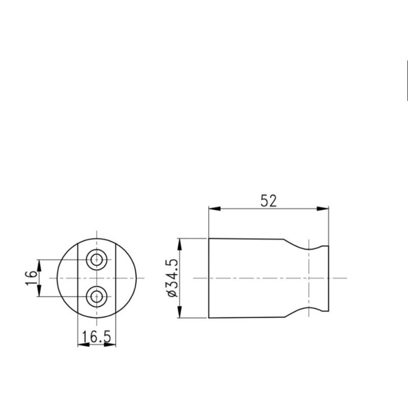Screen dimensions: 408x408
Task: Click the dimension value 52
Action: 269,201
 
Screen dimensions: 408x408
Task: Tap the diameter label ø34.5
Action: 172,278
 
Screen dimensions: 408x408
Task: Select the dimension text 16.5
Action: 96,337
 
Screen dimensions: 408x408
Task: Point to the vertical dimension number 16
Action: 31,278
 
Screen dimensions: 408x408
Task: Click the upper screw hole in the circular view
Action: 97,260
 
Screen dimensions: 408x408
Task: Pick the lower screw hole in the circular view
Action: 97,296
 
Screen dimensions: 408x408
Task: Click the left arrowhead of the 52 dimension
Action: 214,209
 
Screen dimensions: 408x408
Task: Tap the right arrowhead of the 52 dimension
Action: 323,209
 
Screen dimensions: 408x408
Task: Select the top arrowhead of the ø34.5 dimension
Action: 180,244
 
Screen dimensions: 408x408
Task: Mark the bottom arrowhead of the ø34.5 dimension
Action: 180,312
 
